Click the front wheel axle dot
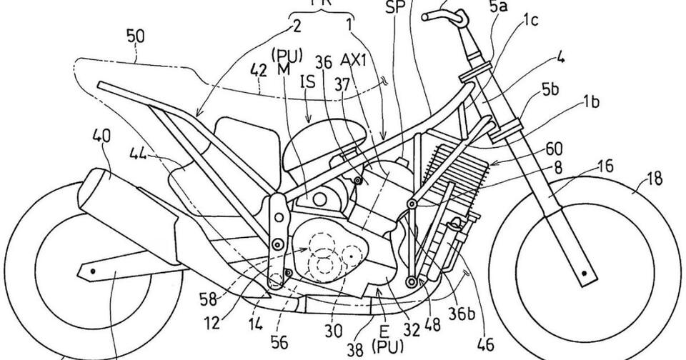click(x=585, y=272)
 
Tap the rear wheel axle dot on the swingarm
click(x=92, y=271)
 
